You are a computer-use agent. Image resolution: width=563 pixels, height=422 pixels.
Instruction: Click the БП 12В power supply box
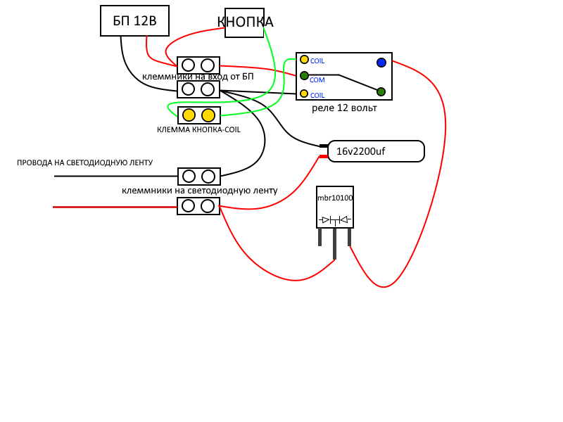pos(134,21)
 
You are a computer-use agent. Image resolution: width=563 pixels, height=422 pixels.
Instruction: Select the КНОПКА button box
pos(244,23)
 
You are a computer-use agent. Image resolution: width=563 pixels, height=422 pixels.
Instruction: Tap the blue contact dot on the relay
pos(381,63)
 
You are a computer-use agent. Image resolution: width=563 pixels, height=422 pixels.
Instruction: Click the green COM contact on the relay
pos(304,76)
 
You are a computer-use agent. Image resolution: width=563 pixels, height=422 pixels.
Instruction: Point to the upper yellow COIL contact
pos(304,60)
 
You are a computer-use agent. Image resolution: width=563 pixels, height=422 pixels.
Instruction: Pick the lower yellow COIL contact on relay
pos(304,94)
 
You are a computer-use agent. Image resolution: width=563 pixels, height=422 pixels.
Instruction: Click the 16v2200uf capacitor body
pos(376,151)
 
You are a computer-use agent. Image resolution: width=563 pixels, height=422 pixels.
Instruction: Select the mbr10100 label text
pos(335,198)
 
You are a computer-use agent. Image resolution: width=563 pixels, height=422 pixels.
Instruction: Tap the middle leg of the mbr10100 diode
pos(335,243)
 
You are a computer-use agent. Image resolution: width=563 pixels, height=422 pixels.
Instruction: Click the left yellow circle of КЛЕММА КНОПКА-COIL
pos(189,115)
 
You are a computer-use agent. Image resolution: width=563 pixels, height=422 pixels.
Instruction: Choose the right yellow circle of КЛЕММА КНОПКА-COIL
pos(208,115)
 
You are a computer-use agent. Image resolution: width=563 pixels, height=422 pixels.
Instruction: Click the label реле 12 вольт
pos(344,108)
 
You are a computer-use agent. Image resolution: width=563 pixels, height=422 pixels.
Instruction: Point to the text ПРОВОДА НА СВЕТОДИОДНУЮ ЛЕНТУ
pos(84,162)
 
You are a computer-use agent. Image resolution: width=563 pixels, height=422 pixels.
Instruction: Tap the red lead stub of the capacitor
pos(324,156)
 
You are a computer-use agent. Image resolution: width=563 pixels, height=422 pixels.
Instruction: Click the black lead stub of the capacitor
pos(324,146)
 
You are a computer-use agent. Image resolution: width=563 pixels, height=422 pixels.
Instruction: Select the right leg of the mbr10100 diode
pos(349,237)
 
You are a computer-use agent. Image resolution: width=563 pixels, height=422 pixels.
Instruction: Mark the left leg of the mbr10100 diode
pos(320,237)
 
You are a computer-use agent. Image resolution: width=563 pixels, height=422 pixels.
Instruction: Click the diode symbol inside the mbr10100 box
pos(335,220)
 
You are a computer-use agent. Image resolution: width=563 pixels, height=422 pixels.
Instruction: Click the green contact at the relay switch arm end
pos(381,92)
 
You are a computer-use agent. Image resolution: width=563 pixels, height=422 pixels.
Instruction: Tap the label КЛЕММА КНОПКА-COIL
pos(198,129)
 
